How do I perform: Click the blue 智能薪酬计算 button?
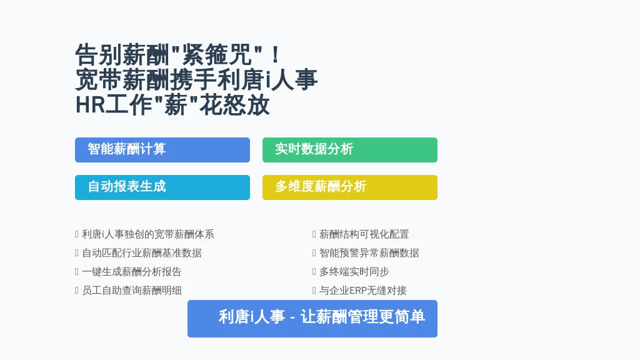coord(162,150)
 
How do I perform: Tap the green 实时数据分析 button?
coord(350,150)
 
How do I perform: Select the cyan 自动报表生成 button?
coord(162,187)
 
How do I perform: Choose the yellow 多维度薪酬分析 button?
coord(350,187)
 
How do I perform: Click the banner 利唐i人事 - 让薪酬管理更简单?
coord(312,319)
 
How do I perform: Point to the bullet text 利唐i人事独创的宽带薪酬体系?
coord(148,234)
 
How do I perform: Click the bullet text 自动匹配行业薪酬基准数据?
coord(142,253)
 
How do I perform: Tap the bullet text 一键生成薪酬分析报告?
coord(131,272)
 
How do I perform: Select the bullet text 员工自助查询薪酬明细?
coord(131,291)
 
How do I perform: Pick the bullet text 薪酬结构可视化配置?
coord(364,234)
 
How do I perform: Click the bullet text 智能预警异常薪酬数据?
coord(369,253)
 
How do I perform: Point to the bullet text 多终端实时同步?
coord(354,272)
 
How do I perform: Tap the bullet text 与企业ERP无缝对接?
coord(363,291)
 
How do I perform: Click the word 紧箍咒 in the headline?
coord(216,55)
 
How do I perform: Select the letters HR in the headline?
coord(90,105)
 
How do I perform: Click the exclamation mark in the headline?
coord(276,55)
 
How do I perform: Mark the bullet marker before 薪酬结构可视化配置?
coord(314,234)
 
